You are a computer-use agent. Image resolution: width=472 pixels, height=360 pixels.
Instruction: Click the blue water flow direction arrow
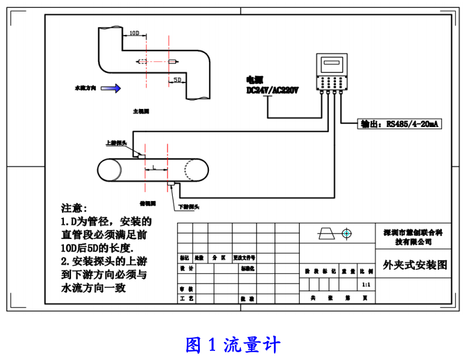[x=110, y=88]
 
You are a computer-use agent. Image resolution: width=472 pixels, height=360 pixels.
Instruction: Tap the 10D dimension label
[x=135, y=33]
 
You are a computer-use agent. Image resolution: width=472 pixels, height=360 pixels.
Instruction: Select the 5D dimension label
[x=177, y=79]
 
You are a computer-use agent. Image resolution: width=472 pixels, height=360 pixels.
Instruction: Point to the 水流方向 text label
[x=85, y=88]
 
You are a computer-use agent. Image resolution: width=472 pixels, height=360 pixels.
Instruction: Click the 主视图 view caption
[x=141, y=112]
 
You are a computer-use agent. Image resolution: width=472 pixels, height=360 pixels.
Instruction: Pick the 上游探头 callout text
[x=115, y=143]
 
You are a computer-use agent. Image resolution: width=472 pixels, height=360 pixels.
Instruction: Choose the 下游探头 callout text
[x=189, y=207]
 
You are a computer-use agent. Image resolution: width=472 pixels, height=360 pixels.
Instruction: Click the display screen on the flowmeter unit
[x=331, y=63]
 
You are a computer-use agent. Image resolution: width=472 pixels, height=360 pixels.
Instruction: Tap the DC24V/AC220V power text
[x=273, y=91]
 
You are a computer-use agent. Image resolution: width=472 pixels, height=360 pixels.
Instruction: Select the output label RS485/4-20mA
[x=400, y=124]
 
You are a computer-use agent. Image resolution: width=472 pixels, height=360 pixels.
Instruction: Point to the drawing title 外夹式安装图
[x=415, y=265]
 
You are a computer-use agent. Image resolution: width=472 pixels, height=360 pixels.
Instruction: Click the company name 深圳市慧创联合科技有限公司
[x=414, y=237]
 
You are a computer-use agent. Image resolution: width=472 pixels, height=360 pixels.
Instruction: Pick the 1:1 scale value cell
[x=366, y=284]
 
